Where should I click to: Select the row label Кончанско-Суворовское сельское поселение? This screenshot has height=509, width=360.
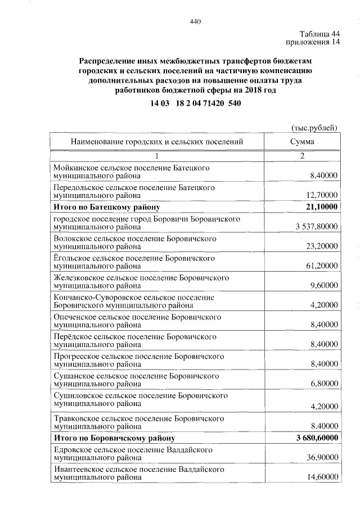point(134,297)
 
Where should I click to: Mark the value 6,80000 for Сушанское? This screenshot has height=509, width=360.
point(322,385)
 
